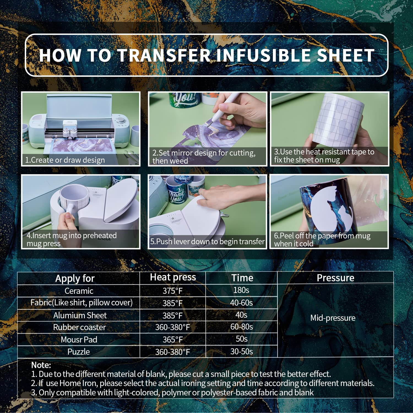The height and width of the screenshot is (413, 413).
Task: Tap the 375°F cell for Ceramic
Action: click(x=173, y=291)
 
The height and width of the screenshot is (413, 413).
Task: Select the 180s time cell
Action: click(x=241, y=290)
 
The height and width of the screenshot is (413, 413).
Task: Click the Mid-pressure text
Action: click(x=333, y=318)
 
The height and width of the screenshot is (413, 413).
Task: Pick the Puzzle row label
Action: click(x=78, y=352)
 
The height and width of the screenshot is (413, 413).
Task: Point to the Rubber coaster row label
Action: click(x=79, y=327)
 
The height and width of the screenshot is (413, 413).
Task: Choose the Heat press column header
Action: click(x=173, y=277)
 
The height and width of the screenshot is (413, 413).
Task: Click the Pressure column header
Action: click(x=335, y=278)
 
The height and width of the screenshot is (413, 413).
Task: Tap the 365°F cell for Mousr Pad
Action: click(x=173, y=339)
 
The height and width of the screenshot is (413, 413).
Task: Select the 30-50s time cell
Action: click(x=241, y=351)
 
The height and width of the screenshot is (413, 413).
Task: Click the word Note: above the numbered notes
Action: click(x=41, y=365)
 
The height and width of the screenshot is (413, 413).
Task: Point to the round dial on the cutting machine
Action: click(x=120, y=121)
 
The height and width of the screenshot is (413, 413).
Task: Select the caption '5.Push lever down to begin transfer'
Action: click(x=207, y=241)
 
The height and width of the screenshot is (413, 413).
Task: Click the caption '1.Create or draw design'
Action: click(x=65, y=160)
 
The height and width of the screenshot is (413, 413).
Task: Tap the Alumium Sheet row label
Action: click(x=80, y=315)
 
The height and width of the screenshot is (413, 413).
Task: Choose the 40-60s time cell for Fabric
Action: click(x=241, y=303)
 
